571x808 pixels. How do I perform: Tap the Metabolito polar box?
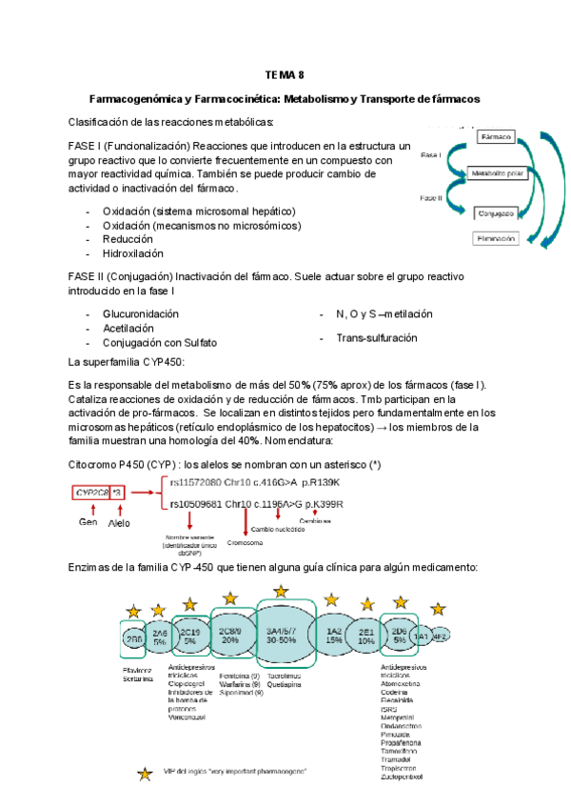tap(498, 174)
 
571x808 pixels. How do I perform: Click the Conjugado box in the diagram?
tap(498, 212)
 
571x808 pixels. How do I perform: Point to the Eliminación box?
tap(497, 239)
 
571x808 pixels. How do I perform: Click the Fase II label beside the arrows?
tap(430, 197)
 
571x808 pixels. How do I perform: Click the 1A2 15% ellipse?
tap(334, 636)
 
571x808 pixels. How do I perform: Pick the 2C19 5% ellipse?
tap(190, 636)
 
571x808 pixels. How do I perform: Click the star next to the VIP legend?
tap(145, 774)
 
